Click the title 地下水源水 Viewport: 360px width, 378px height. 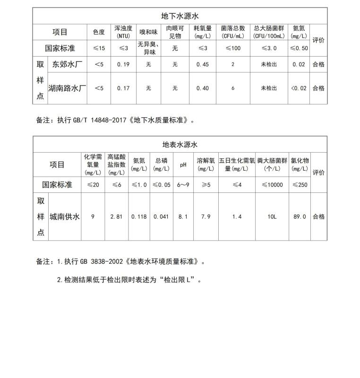point(180,16)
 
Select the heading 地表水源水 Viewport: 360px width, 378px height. point(180,145)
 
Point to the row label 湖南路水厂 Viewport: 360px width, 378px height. point(67,88)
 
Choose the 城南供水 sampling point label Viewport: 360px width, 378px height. point(64,217)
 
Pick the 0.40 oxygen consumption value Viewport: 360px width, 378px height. point(202,88)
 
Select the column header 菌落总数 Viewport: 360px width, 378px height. point(233,29)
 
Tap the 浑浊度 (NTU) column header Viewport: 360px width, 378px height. point(123,32)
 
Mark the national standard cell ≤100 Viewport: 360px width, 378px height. point(233,48)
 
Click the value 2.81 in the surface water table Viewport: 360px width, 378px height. point(116,217)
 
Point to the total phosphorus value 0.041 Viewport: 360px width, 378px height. point(161,217)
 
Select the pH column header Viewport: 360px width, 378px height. point(183,165)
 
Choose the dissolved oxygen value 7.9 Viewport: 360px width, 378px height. point(206,217)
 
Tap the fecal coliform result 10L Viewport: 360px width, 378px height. point(272,217)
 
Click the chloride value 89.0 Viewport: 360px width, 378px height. point(300,217)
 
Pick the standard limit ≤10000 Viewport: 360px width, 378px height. point(272,185)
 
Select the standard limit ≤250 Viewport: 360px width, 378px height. point(300,185)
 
